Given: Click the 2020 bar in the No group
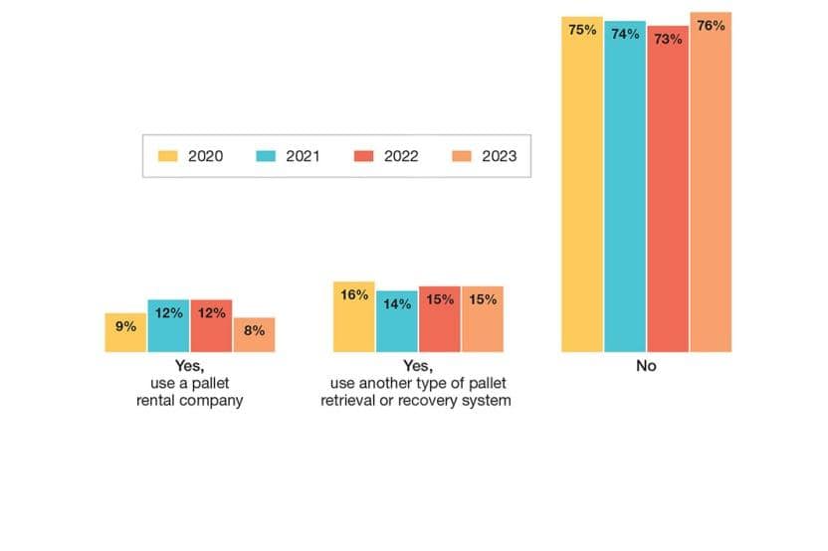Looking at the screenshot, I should [x=582, y=189].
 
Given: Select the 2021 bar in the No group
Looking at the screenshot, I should [x=625, y=189].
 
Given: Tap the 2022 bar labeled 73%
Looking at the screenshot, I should [x=668, y=194].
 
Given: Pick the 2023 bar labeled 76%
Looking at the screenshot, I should [x=711, y=189].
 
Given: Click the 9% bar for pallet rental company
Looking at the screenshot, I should [x=125, y=332].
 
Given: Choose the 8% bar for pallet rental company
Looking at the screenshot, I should [x=254, y=335].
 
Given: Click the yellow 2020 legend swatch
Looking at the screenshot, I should [x=167, y=156].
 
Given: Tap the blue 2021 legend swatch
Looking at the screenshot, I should [x=265, y=156].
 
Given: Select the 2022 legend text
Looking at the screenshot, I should [x=401, y=156].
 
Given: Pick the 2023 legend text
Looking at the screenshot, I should [x=499, y=156].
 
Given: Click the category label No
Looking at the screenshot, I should [x=647, y=366].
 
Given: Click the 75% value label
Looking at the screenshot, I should [x=582, y=30].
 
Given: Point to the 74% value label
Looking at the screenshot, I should [x=625, y=33].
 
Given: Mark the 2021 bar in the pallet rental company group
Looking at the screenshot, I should [x=168, y=326].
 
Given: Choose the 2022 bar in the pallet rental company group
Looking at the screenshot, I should [x=211, y=326].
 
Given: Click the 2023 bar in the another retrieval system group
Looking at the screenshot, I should [x=483, y=319].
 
